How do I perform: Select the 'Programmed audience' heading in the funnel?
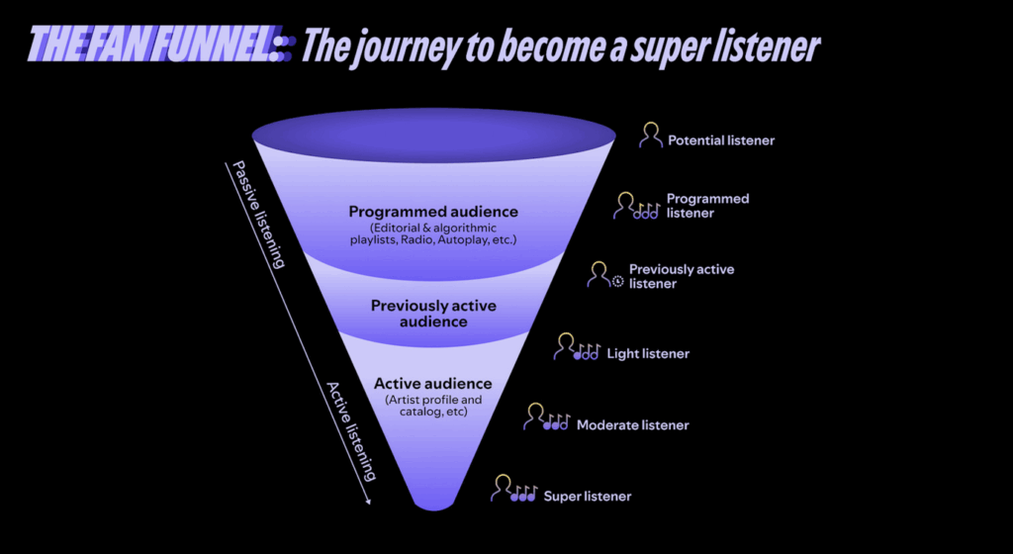433,212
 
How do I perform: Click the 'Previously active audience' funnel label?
433,314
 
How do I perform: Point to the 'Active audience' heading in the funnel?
433,384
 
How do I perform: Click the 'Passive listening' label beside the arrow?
258,215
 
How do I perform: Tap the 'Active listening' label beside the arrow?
351,431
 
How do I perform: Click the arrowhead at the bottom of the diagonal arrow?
368,501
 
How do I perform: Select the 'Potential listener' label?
721,140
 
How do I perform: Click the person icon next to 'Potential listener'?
651,136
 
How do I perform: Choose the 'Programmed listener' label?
707,206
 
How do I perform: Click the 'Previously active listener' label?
682,276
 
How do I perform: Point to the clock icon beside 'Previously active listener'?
617,281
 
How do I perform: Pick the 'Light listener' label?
648,353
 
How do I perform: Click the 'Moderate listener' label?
632,424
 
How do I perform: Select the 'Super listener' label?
588,496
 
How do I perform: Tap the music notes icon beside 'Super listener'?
524,494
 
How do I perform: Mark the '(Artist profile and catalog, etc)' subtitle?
433,406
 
